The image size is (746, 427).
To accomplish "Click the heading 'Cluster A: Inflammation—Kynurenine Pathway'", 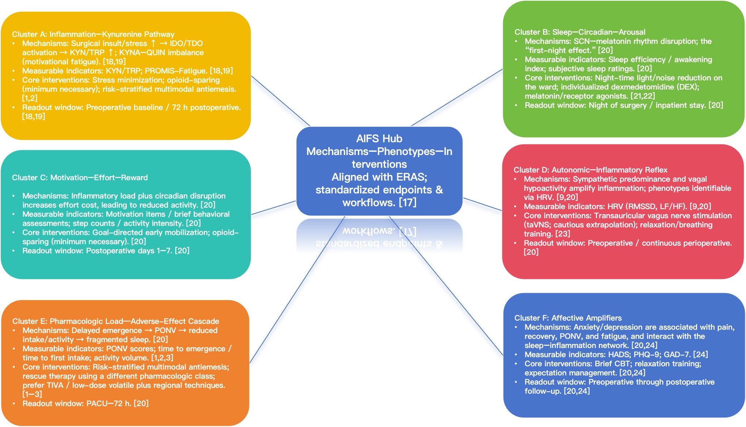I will point(93,34).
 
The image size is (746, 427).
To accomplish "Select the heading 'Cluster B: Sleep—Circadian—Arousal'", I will point(580,32).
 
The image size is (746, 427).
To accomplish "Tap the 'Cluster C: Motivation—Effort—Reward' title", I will point(80,178).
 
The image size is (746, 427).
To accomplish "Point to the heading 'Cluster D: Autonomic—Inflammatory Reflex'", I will point(590,170).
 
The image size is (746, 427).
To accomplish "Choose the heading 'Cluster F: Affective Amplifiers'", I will point(568,318).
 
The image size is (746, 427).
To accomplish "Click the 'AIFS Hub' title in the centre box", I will point(379,139).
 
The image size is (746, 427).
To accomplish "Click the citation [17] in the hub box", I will point(408,203).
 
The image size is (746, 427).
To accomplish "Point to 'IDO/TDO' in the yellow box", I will point(186,44).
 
